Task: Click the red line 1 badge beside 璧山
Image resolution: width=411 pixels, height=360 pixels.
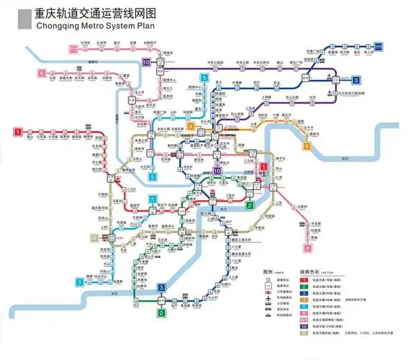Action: click(x=17, y=132)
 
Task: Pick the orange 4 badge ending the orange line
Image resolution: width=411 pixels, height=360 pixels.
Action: click(x=307, y=146)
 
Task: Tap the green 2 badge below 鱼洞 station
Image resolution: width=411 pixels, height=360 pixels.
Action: click(x=162, y=312)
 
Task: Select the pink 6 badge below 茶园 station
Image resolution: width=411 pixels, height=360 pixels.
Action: click(x=308, y=248)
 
